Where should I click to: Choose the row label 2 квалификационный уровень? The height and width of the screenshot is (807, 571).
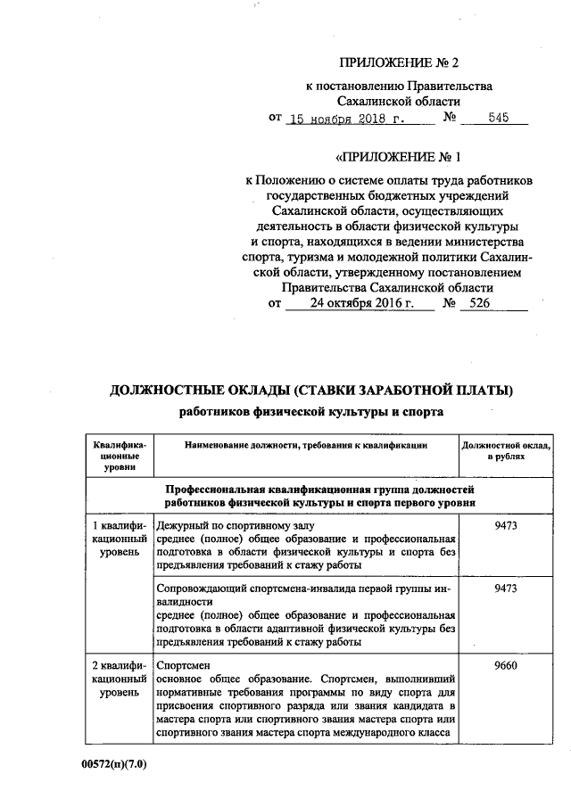point(120,678)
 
